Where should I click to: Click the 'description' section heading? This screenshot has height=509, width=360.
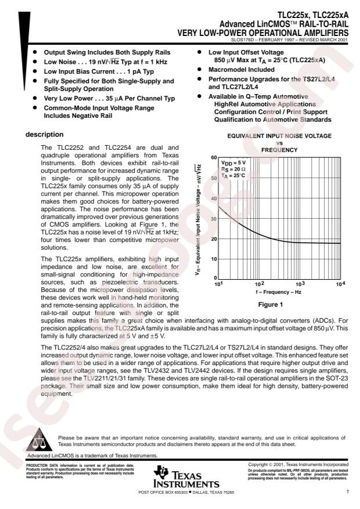click(x=44, y=135)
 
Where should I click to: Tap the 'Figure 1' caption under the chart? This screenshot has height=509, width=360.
click(x=276, y=304)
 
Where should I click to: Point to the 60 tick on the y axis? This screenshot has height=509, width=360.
click(x=213, y=157)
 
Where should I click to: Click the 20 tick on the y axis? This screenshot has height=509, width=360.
click(x=213, y=239)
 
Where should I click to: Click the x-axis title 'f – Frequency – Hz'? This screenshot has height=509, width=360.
click(x=277, y=293)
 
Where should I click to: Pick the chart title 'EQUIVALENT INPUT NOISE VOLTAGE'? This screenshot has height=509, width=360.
click(x=278, y=136)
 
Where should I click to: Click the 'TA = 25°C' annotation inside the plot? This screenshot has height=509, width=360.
click(x=234, y=175)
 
